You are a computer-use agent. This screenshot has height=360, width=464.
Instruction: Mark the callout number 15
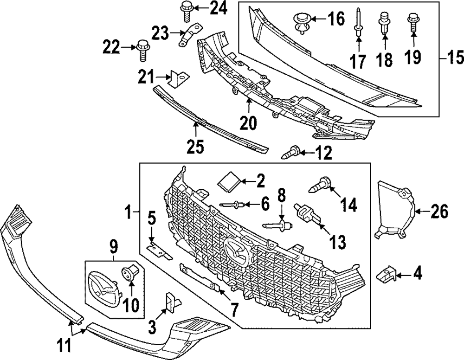coord(455,59)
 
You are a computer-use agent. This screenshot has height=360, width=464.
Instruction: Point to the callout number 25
coord(195,147)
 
